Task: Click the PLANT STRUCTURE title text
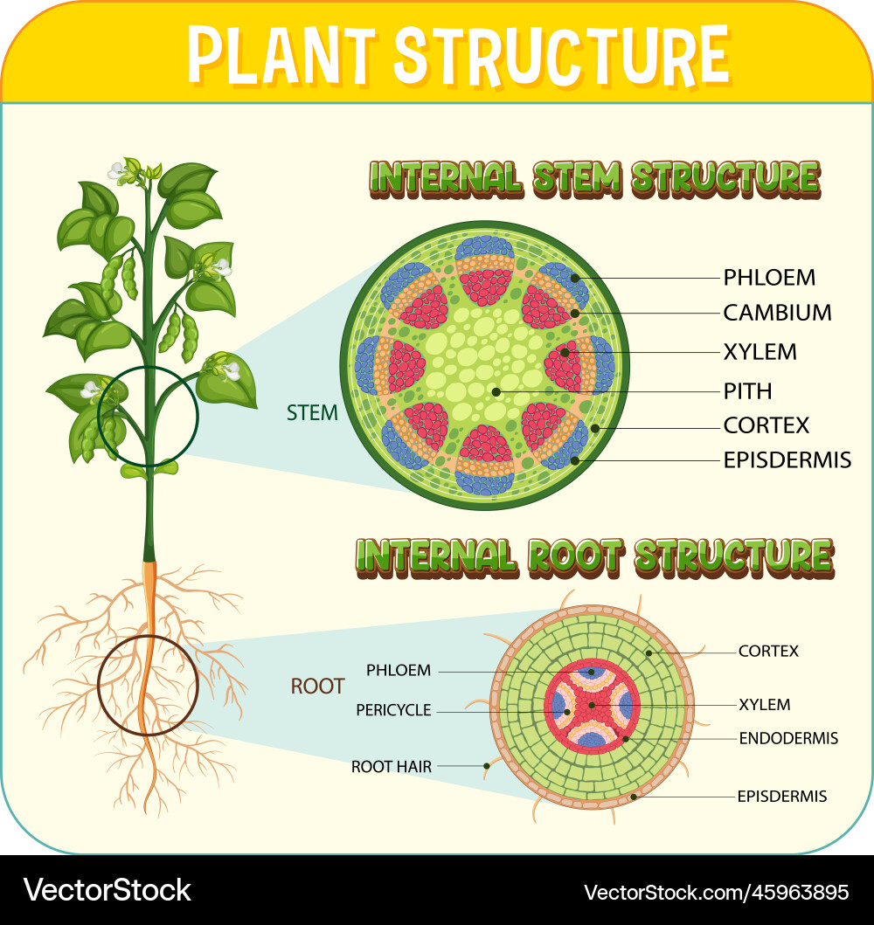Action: [x=458, y=54]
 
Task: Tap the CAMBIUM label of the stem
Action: [x=777, y=313]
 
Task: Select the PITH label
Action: [x=747, y=390]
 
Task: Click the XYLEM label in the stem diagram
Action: [x=760, y=352]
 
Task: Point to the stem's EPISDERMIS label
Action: [x=787, y=459]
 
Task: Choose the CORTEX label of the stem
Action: [x=766, y=425]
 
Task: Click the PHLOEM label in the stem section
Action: [x=769, y=278]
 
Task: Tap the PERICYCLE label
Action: [x=393, y=710]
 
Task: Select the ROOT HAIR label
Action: [x=391, y=767]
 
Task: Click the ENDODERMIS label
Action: [x=788, y=738]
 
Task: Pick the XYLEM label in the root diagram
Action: [x=764, y=704]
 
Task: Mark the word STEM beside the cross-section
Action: [x=312, y=413]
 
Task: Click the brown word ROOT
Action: [x=317, y=687]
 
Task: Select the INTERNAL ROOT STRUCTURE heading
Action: [x=594, y=557]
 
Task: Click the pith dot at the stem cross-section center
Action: [x=496, y=392]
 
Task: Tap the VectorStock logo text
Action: [x=108, y=890]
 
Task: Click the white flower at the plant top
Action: [x=116, y=171]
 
